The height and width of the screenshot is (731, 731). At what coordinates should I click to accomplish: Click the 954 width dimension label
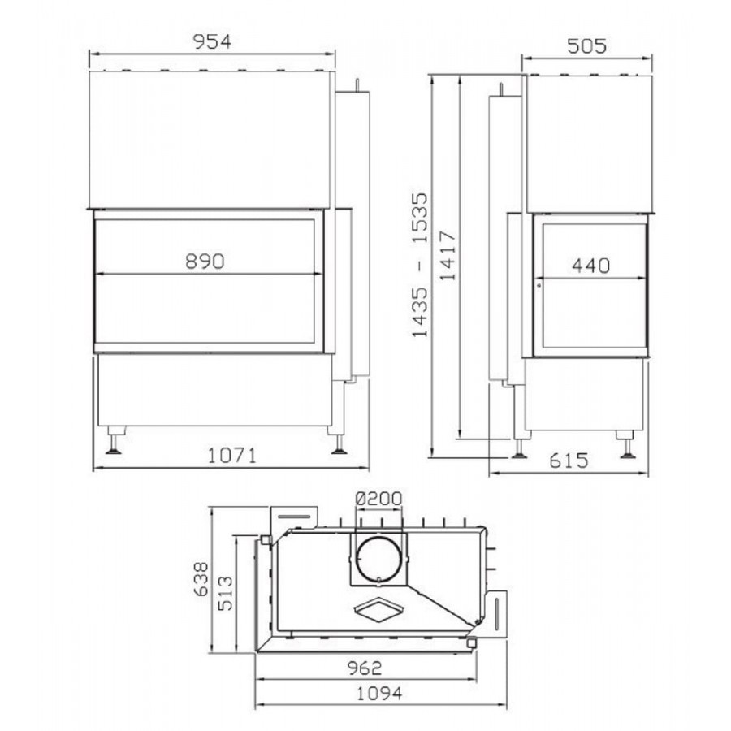tap(212, 42)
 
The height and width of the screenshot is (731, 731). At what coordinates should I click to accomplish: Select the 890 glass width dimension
tap(205, 262)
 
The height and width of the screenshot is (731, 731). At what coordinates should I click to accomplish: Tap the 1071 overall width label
tap(231, 456)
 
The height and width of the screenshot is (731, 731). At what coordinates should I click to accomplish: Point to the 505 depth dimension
tap(587, 46)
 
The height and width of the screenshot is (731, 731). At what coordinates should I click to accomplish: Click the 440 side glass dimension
tap(590, 266)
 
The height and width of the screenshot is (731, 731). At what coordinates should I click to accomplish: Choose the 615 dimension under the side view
tap(569, 461)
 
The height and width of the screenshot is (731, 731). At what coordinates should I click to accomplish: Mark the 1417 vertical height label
tap(448, 255)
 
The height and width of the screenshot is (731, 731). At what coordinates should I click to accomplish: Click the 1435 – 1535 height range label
tap(419, 265)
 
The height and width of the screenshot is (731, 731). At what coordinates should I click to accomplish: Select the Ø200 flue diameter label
tap(378, 499)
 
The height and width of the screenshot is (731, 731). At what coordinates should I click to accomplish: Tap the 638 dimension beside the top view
tap(201, 579)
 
